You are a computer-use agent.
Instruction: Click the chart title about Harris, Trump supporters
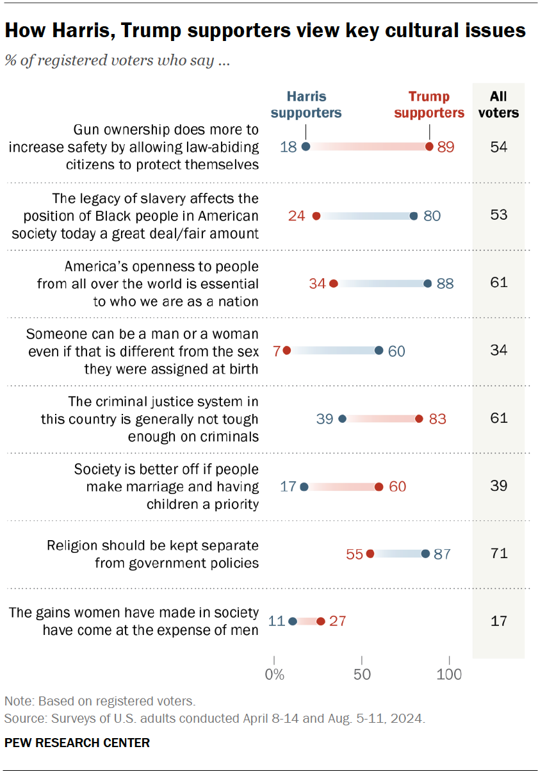[265, 30]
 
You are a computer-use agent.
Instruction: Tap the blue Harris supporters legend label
[306, 104]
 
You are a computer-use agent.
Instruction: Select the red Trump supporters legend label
[429, 104]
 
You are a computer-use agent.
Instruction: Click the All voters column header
[498, 104]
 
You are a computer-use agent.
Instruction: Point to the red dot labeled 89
[429, 147]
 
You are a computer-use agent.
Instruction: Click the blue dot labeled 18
[306, 147]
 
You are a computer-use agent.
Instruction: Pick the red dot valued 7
[286, 350]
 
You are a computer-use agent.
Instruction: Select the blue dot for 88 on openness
[427, 283]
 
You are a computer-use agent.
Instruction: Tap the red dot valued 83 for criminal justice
[419, 418]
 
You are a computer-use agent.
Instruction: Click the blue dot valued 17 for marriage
[304, 487]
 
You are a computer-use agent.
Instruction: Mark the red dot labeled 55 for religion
[370, 554]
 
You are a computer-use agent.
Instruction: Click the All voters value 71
[498, 553]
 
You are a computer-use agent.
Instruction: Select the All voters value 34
[498, 350]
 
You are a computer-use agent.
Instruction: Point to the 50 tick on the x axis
[362, 673]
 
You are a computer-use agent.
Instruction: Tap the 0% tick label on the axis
[274, 673]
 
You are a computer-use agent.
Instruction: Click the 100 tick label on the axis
[450, 673]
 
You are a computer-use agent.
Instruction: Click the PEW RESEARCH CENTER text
[77, 743]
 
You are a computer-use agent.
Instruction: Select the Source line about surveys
[214, 718]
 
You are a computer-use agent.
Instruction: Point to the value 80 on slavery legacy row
[432, 215]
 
